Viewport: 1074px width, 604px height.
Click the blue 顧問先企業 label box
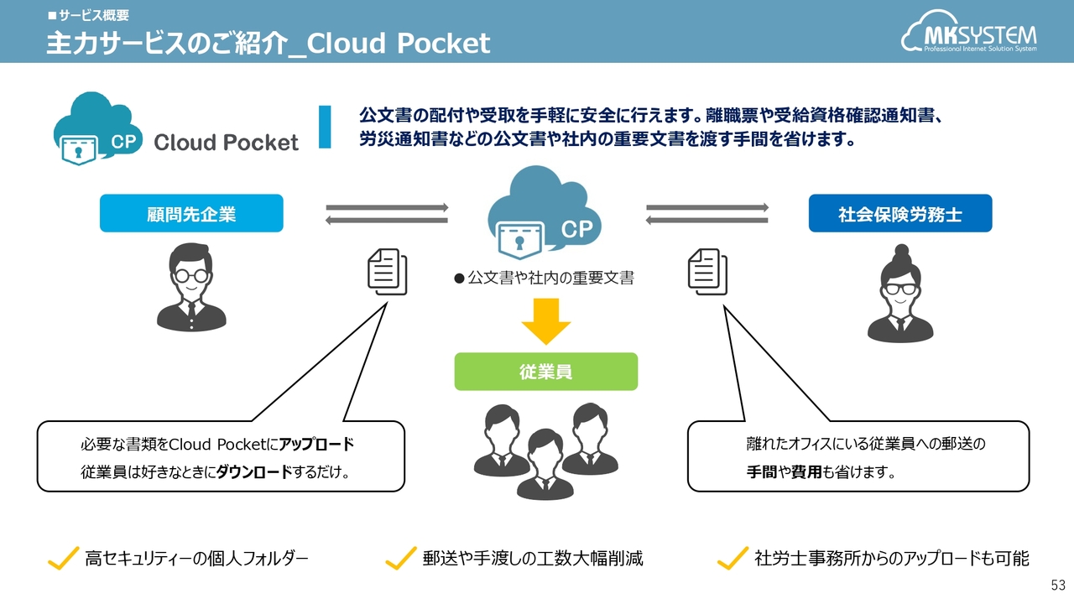[x=191, y=214]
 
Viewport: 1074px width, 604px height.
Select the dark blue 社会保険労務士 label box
[x=899, y=214]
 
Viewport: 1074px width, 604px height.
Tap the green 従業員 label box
[x=545, y=372]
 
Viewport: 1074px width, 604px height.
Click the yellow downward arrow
[x=545, y=320]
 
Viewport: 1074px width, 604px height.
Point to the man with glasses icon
[x=191, y=287]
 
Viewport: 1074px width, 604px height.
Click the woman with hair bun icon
[x=900, y=294]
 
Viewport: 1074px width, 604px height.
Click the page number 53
[x=1058, y=584]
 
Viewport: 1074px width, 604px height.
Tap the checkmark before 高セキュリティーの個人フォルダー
[x=63, y=558]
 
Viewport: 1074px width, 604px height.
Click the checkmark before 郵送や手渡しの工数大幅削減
[x=400, y=558]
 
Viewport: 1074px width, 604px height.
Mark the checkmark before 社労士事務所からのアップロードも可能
[x=733, y=558]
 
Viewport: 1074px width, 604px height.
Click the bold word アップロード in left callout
[x=316, y=445]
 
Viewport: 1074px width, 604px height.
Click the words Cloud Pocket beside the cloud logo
[x=226, y=142]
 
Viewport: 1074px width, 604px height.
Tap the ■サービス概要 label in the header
[x=88, y=15]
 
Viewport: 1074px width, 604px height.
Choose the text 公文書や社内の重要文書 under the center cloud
[x=550, y=278]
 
